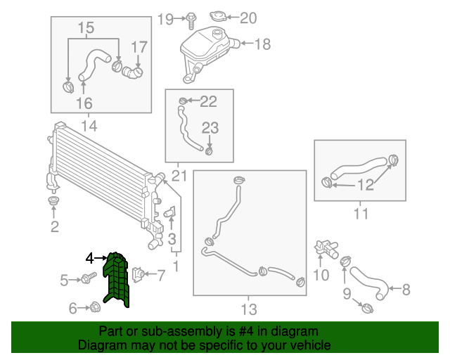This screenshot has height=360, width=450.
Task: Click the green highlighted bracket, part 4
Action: coord(116,280)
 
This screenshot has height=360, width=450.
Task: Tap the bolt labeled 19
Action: coord(191,20)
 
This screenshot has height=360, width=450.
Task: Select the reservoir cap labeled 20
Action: coord(218,16)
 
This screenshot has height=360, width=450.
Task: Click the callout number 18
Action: coord(262,44)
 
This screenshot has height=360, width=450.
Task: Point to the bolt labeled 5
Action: coord(89,278)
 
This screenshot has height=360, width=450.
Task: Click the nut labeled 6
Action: coord(94,307)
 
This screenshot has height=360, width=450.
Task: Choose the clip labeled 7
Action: coord(138,274)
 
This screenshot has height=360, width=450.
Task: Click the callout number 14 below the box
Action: coord(89,126)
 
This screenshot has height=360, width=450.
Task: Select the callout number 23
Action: coord(210,128)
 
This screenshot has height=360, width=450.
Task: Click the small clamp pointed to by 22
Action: coord(183,101)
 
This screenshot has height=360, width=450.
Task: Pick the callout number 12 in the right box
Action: coord(366,185)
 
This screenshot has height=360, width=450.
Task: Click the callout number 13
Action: coord(249,309)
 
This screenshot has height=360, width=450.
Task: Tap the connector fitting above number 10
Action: coord(327,249)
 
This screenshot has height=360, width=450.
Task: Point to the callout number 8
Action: coord(406,290)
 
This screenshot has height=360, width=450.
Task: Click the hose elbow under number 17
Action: coord(132,72)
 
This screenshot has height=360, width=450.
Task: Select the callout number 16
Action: coord(84,103)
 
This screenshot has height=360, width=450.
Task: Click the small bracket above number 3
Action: coord(170,212)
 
